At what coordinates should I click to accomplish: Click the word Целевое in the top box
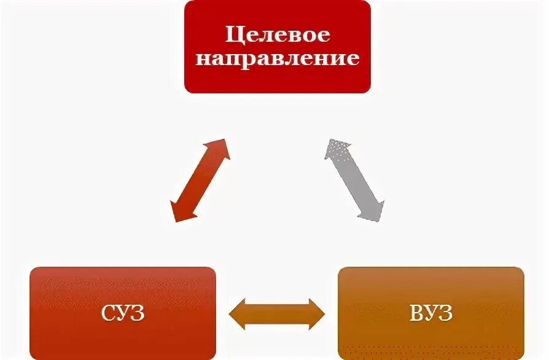[278, 34]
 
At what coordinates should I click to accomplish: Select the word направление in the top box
[278, 59]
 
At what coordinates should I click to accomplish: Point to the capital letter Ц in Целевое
[232, 34]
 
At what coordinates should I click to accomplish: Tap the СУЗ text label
[123, 314]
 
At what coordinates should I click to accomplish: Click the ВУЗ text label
[431, 314]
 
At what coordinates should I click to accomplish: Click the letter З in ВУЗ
[446, 314]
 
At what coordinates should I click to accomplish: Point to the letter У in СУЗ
[123, 314]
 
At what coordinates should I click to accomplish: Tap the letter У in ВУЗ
[432, 314]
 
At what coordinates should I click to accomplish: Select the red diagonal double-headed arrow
[200, 179]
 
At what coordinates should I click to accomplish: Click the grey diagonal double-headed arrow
[354, 179]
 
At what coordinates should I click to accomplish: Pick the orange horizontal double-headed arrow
[277, 313]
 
